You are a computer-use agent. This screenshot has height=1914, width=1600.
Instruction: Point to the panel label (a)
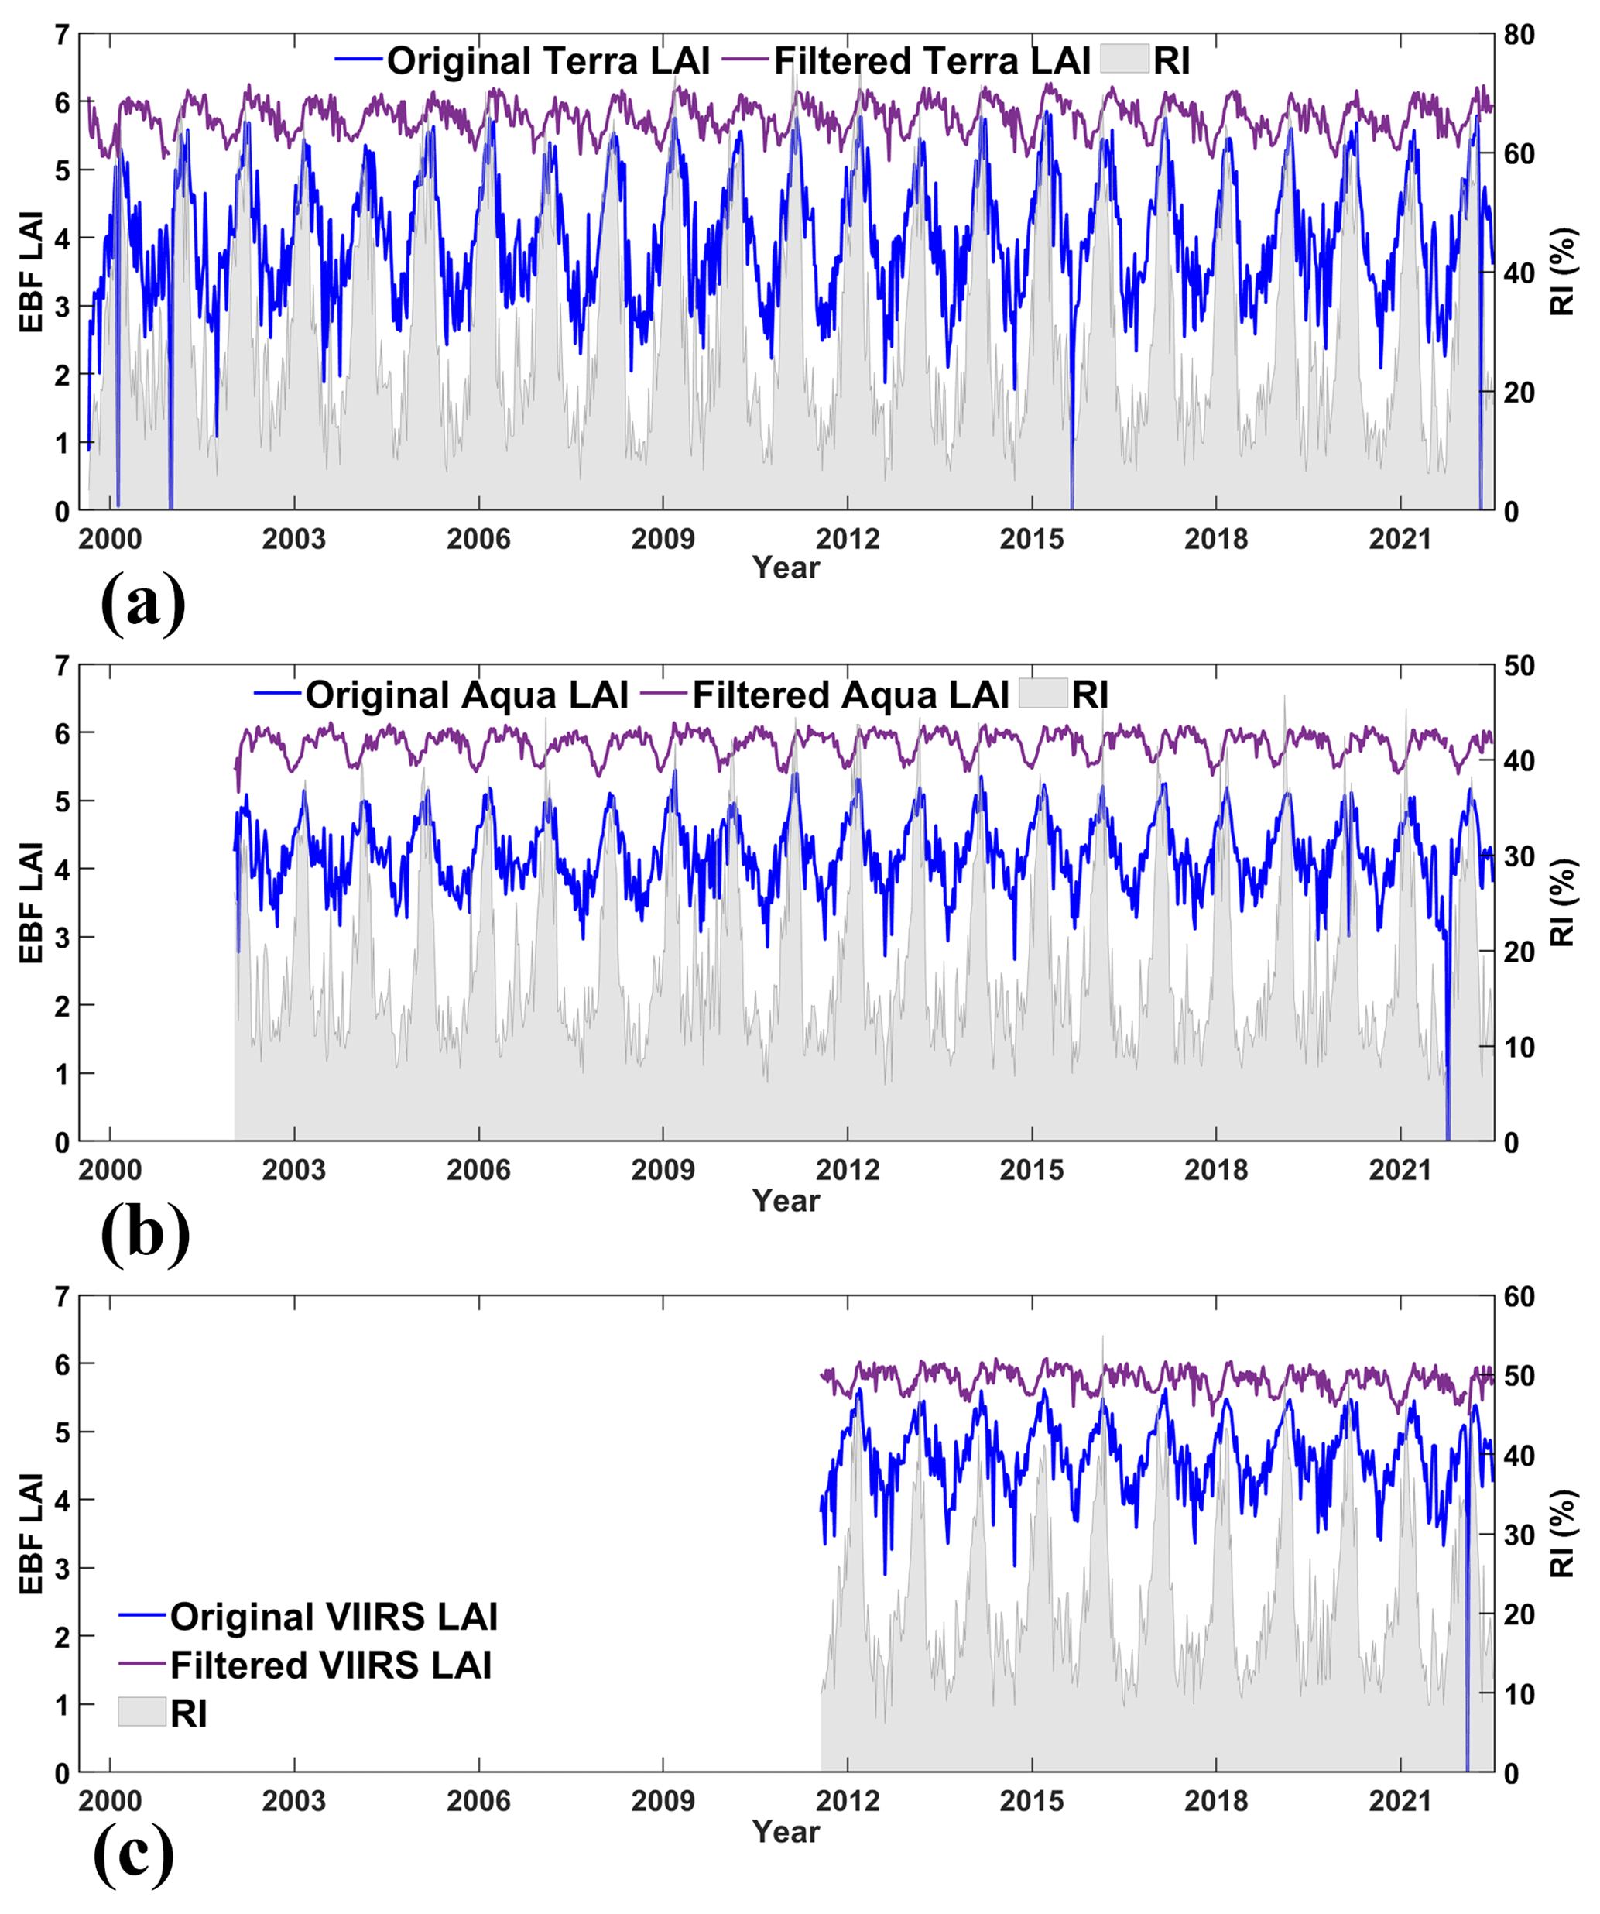[x=143, y=602]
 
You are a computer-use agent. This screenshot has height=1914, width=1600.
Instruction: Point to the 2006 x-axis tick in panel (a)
[x=478, y=540]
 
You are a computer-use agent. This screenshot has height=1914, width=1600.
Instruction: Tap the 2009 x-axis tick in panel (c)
[x=663, y=1801]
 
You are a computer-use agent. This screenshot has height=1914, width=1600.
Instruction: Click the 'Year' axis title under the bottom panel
[x=786, y=1832]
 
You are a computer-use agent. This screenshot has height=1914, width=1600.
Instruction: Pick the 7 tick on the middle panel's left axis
[x=62, y=666]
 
